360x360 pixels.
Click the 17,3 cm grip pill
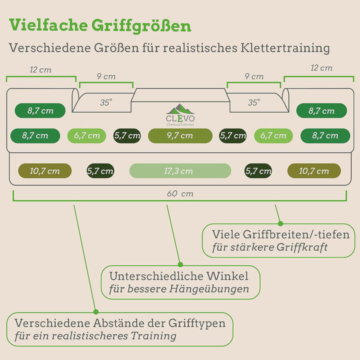[x=180, y=171]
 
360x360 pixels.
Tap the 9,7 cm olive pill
[x=180, y=135]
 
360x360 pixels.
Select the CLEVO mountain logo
[x=180, y=115]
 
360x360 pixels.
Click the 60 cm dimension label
[x=180, y=193]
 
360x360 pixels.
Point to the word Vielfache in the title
[x=48, y=25]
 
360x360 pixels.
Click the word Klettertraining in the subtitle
[x=285, y=48]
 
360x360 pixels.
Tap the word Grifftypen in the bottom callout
[x=197, y=323]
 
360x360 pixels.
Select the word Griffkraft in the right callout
[x=302, y=247]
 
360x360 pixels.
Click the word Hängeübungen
[x=209, y=289]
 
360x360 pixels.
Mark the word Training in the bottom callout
[x=153, y=336]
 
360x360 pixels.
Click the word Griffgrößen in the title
[x=141, y=25]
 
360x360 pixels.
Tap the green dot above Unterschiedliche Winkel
[x=180, y=264]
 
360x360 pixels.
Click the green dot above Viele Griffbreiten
[x=280, y=223]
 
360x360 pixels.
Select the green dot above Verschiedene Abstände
[x=96, y=312]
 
